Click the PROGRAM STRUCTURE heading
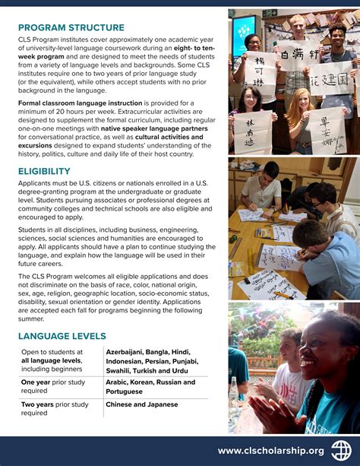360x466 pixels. click(x=71, y=28)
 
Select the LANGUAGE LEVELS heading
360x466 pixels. click(x=62, y=336)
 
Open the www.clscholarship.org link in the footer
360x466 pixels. click(x=270, y=451)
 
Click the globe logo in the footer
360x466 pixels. click(x=340, y=450)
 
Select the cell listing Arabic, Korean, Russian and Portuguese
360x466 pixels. click(x=150, y=387)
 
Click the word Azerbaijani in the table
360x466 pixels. click(x=129, y=352)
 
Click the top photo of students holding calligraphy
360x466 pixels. click(x=293, y=81)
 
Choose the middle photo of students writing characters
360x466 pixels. click(x=293, y=229)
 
